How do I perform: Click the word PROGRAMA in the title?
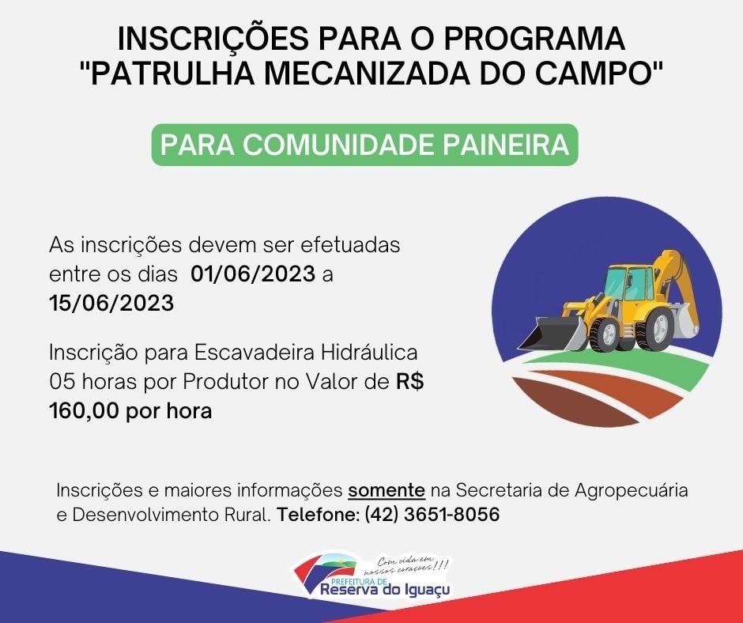[x=534, y=39]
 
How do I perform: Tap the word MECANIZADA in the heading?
[x=368, y=74]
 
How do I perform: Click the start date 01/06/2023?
[x=253, y=274]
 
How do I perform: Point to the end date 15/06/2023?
[x=111, y=304]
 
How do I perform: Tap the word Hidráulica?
[x=370, y=353]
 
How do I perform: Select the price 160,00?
[x=84, y=411]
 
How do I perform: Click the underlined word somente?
[x=387, y=490]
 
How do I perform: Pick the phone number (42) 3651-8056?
[x=432, y=515]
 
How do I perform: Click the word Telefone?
[x=319, y=515]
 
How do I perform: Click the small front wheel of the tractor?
[x=603, y=334]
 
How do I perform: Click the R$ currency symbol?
[x=410, y=382]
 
